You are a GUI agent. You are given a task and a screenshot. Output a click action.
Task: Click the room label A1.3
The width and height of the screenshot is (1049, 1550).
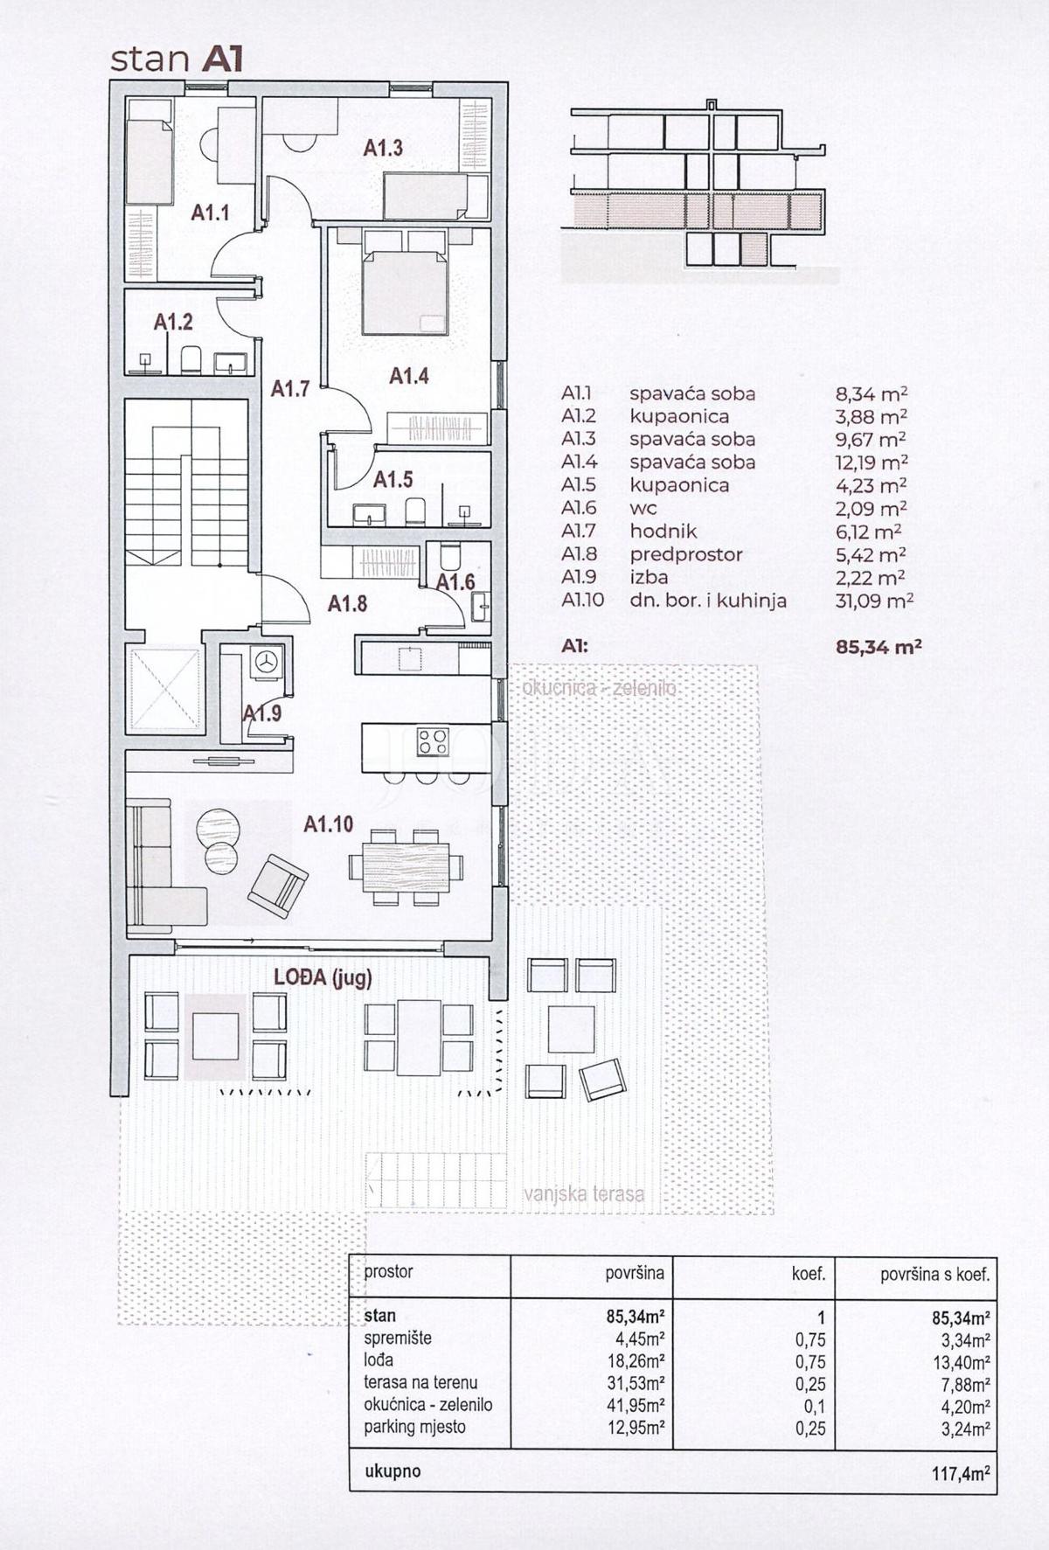[383, 148]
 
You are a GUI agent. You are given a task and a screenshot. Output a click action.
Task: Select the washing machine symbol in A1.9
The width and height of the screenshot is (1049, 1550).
[266, 662]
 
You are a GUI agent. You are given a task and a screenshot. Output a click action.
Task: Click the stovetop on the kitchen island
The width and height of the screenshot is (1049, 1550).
[433, 741]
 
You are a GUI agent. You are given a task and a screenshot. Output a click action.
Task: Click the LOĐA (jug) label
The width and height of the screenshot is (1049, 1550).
[323, 977]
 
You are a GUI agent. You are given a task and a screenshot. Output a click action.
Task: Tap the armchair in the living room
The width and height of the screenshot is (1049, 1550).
[277, 886]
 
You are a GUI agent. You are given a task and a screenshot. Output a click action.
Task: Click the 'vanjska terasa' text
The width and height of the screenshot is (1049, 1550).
[584, 1194]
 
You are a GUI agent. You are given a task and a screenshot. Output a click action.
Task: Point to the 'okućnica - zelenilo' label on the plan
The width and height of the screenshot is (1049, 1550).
[599, 688]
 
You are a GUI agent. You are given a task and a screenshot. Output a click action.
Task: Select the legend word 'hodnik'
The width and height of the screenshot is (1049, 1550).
[663, 532]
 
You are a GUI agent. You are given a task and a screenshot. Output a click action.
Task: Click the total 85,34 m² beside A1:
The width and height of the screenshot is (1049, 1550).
[879, 648]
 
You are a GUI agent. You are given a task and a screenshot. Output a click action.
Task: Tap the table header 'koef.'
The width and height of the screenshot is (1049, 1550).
[809, 1274]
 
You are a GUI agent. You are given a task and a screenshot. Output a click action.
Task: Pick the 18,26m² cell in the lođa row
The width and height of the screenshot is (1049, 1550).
[636, 1360]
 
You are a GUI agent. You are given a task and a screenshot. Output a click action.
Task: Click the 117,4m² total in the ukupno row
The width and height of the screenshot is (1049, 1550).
[961, 1473]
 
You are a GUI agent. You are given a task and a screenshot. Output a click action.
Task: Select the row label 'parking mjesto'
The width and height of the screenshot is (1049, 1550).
[415, 1427]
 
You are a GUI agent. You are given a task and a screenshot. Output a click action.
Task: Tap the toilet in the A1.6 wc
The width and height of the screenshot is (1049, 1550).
[450, 556]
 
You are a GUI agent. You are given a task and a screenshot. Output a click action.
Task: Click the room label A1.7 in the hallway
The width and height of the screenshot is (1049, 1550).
[290, 388]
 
